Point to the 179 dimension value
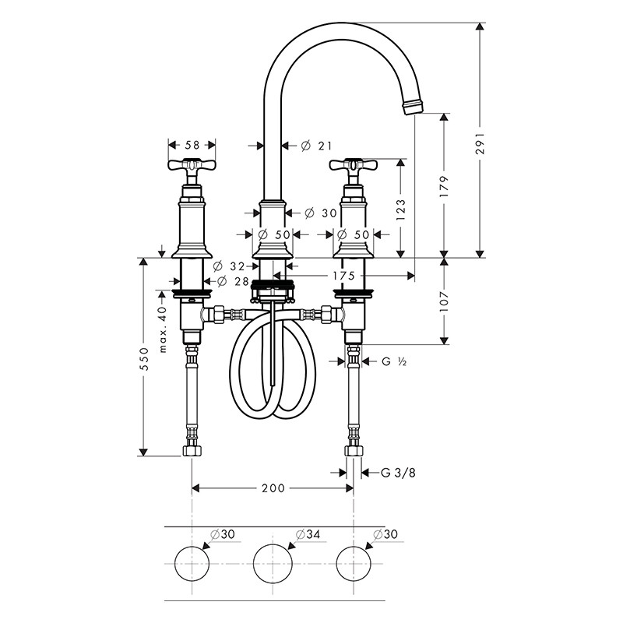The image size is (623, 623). [x=444, y=185]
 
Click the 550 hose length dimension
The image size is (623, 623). [x=143, y=359]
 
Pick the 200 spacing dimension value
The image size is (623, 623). [x=273, y=488]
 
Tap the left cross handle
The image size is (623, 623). [x=192, y=166]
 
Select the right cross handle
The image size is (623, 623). [x=354, y=165]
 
